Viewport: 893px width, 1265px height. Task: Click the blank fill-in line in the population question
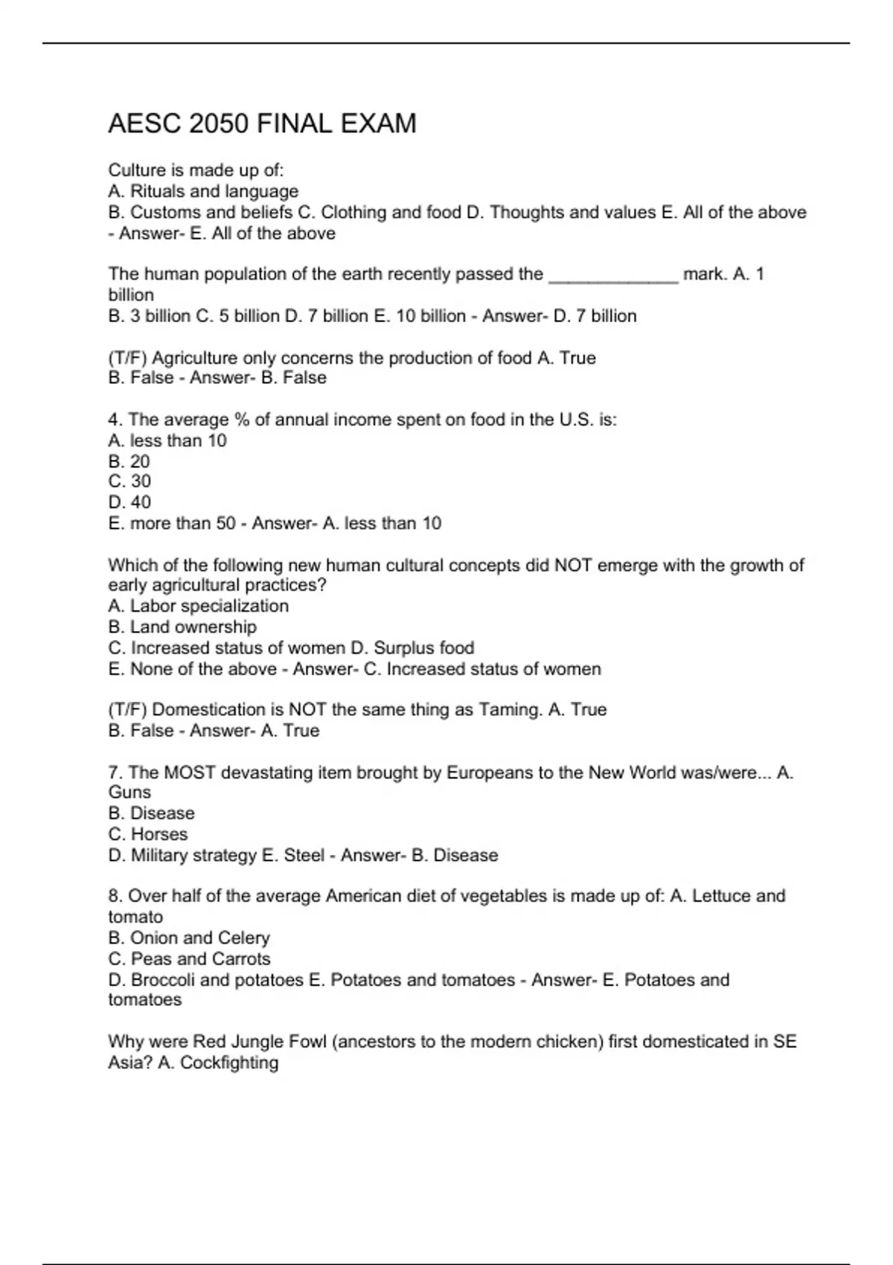pyautogui.click(x=613, y=275)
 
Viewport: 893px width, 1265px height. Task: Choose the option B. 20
pyautogui.click(x=129, y=461)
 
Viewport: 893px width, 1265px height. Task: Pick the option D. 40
pyautogui.click(x=129, y=502)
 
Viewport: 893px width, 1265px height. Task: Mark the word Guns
pyautogui.click(x=129, y=792)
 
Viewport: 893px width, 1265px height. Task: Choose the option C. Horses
pyautogui.click(x=148, y=834)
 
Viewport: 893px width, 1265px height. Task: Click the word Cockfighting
pyautogui.click(x=229, y=1063)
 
